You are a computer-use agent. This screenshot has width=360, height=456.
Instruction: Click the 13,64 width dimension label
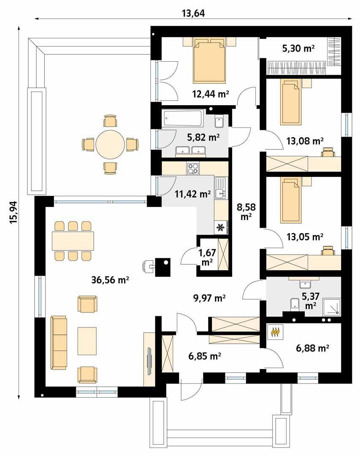193,13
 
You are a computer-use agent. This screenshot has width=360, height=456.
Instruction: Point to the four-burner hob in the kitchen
193,168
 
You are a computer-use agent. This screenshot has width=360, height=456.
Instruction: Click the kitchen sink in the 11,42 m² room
220,188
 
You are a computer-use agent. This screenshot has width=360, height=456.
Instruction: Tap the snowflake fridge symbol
220,228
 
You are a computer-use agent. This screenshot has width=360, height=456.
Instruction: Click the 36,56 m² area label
110,279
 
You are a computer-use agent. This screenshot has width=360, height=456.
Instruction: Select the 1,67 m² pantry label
207,258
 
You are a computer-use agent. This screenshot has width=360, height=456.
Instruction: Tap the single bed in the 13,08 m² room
291,102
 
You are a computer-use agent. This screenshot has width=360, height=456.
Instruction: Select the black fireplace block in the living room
163,267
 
